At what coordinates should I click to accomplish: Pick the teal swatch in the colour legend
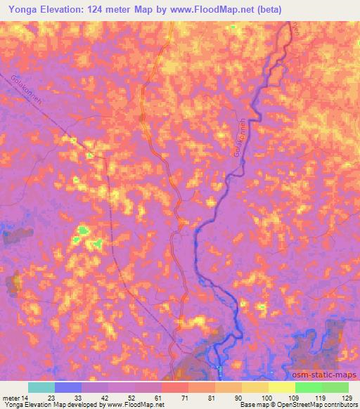pos(41,387)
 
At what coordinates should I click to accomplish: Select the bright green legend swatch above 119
pos(308,387)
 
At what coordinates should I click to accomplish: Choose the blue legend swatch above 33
pos(68,387)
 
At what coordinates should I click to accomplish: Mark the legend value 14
pos(27,397)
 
